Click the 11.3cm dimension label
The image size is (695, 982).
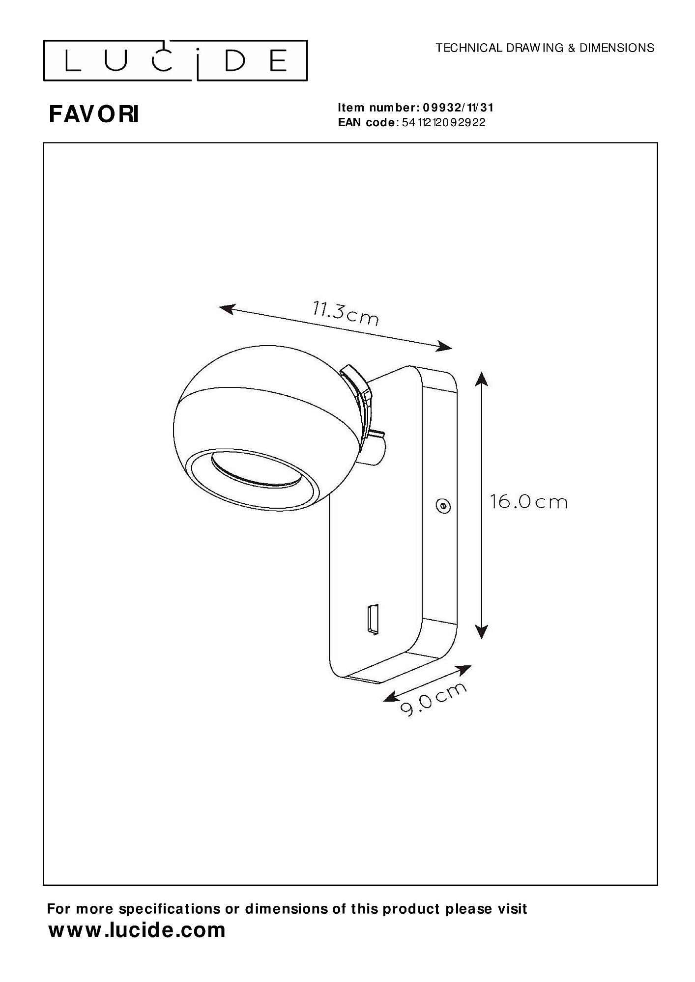click(x=346, y=314)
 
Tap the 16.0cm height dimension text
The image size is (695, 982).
click(x=529, y=502)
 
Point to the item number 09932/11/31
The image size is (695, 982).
click(x=458, y=108)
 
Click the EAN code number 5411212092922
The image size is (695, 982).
click(x=443, y=123)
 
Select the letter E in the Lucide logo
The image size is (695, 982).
click(x=279, y=61)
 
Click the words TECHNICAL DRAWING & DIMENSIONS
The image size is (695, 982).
click(x=545, y=48)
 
